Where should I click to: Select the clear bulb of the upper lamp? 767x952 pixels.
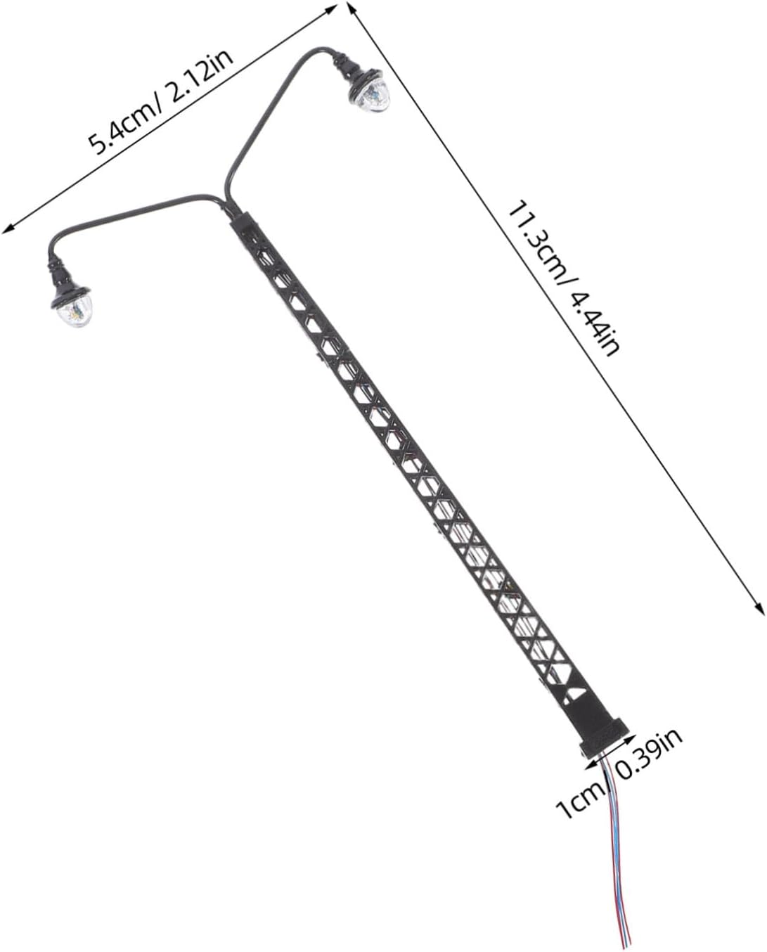pyautogui.click(x=374, y=98)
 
